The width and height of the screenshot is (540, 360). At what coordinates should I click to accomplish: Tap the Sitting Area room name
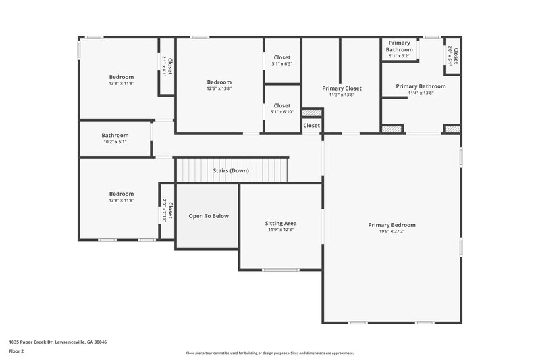point(280,223)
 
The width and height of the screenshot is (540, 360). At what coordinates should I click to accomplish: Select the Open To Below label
point(209,216)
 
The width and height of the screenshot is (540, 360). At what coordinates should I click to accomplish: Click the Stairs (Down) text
point(231,170)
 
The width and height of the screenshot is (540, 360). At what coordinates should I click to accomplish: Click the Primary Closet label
point(342,88)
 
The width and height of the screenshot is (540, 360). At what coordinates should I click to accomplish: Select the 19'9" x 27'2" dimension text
point(391,231)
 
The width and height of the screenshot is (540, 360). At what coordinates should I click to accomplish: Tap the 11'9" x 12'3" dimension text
point(280,230)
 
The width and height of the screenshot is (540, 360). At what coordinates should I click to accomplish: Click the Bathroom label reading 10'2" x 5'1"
point(114,134)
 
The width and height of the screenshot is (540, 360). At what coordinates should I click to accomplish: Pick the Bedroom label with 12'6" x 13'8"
point(219,82)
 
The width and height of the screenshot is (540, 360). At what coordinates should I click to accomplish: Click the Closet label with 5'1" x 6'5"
point(281,58)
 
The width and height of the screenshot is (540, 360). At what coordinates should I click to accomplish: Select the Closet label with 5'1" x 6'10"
point(281,105)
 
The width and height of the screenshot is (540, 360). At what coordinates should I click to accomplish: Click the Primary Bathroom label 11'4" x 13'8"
point(421,86)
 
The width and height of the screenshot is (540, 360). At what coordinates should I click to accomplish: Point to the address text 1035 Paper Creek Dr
point(57,342)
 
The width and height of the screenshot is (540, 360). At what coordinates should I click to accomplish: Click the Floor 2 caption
point(16,351)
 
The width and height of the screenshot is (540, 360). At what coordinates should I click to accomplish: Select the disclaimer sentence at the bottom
point(269,353)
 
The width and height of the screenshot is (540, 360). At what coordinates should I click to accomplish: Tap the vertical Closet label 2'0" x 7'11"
point(167,211)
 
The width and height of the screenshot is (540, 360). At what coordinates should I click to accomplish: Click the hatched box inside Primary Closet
point(311,113)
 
